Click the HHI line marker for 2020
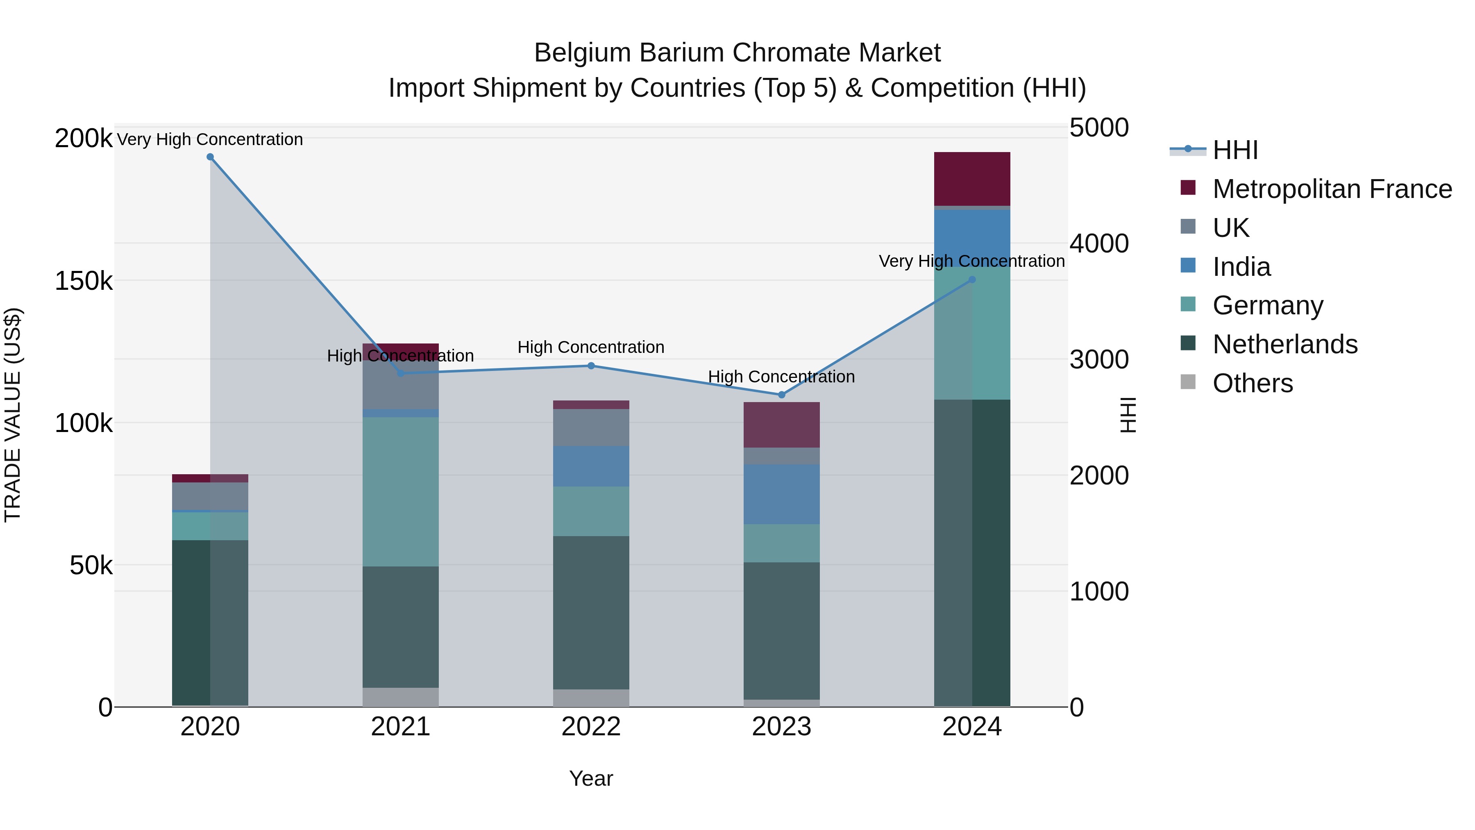pyautogui.click(x=210, y=157)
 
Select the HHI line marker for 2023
pyautogui.click(x=782, y=395)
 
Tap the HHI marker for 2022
pyautogui.click(x=591, y=366)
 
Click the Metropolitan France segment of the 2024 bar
pyautogui.click(x=972, y=179)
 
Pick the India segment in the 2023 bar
pyautogui.click(x=782, y=494)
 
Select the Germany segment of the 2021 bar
pyautogui.click(x=400, y=491)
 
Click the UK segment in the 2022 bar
pyautogui.click(x=591, y=428)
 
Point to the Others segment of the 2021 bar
pyautogui.click(x=400, y=696)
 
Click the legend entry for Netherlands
pyautogui.click(x=1284, y=344)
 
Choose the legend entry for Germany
pyautogui.click(x=1267, y=305)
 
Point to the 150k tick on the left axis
pyautogui.click(x=84, y=281)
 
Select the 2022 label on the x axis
pyautogui.click(x=591, y=727)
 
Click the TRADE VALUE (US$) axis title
pyautogui.click(x=13, y=415)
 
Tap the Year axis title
pyautogui.click(x=591, y=778)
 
